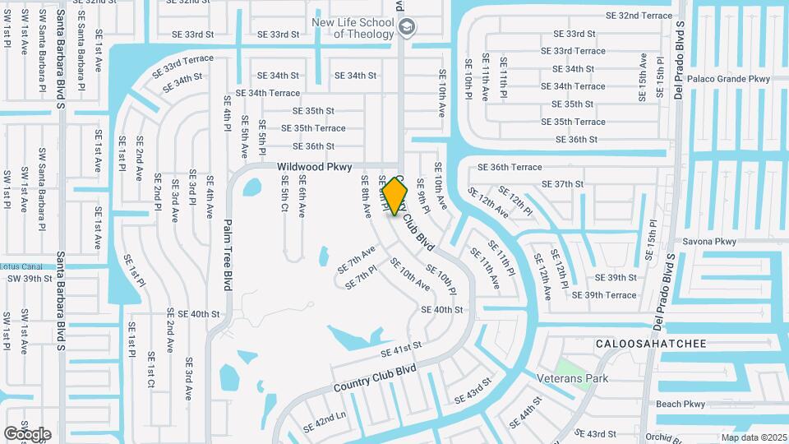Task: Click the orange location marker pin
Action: (395, 197)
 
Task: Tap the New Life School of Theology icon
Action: (406, 28)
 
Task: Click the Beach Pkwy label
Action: (681, 404)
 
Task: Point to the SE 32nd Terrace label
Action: (639, 16)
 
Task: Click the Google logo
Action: (27, 434)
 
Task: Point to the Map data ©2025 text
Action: (754, 437)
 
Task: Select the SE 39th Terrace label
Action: (604, 295)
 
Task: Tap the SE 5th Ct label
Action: (284, 195)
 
